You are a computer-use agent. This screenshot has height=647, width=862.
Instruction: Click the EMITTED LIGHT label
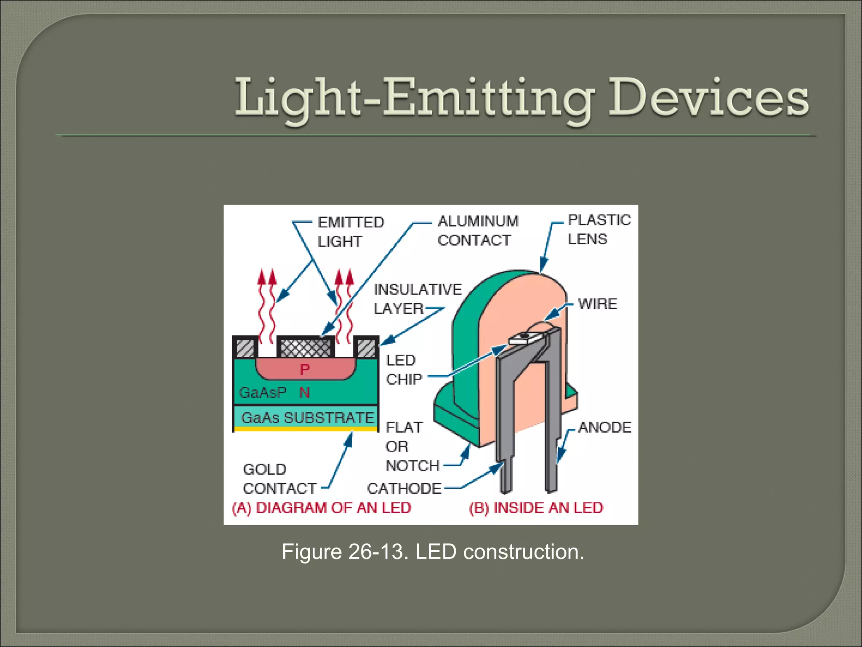coord(350,232)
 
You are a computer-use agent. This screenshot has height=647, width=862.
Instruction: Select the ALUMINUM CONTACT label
coord(478,230)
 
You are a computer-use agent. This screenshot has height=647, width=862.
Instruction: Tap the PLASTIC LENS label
coord(599,229)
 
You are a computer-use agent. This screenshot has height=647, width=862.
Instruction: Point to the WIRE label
coord(597,304)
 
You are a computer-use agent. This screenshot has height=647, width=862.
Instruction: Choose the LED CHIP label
coord(403,370)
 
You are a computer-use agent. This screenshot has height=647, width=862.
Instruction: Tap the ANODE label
coord(604,428)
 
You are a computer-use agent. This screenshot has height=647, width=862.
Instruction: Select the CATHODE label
coord(404,488)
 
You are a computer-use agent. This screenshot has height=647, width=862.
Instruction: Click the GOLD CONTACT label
coord(279,479)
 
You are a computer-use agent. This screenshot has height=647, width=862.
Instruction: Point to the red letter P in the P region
coord(305,370)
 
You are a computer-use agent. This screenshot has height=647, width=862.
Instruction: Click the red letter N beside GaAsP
coord(304,393)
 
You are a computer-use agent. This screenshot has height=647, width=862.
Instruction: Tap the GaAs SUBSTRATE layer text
coord(307,417)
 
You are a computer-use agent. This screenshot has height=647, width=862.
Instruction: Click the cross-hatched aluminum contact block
coord(306,348)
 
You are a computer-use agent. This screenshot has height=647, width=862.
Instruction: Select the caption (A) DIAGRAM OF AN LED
coord(321,508)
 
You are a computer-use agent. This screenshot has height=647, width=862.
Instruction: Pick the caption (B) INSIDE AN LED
coord(536,508)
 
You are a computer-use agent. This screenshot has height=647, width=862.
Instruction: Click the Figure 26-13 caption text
coord(433,552)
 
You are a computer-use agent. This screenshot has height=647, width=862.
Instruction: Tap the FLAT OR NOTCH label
coord(412,446)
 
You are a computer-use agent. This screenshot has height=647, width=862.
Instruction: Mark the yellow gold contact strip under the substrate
coord(306,429)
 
